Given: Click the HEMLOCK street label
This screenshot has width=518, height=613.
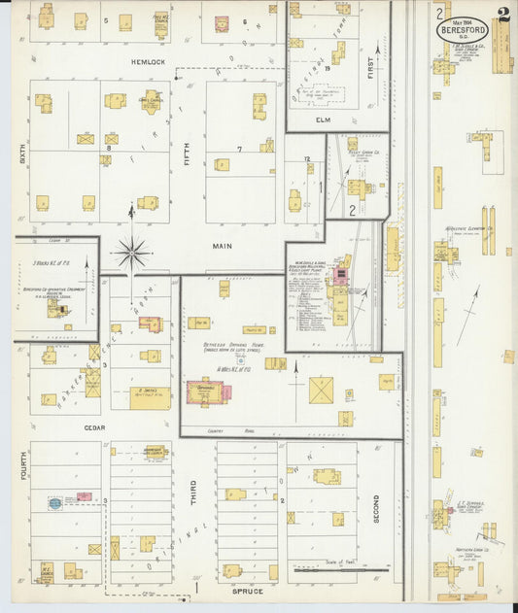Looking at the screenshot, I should pyautogui.click(x=150, y=61).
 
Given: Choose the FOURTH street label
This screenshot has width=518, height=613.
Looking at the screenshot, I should pyautogui.click(x=18, y=470).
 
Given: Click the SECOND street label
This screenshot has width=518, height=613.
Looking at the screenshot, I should pyautogui.click(x=375, y=509).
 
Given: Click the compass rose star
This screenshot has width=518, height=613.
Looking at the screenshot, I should pyautogui.click(x=131, y=254).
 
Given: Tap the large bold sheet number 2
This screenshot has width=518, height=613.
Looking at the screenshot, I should pyautogui.click(x=501, y=15).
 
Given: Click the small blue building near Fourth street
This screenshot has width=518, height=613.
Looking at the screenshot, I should pyautogui.click(x=55, y=503).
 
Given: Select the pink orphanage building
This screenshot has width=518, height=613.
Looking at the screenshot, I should pyautogui.click(x=208, y=391).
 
